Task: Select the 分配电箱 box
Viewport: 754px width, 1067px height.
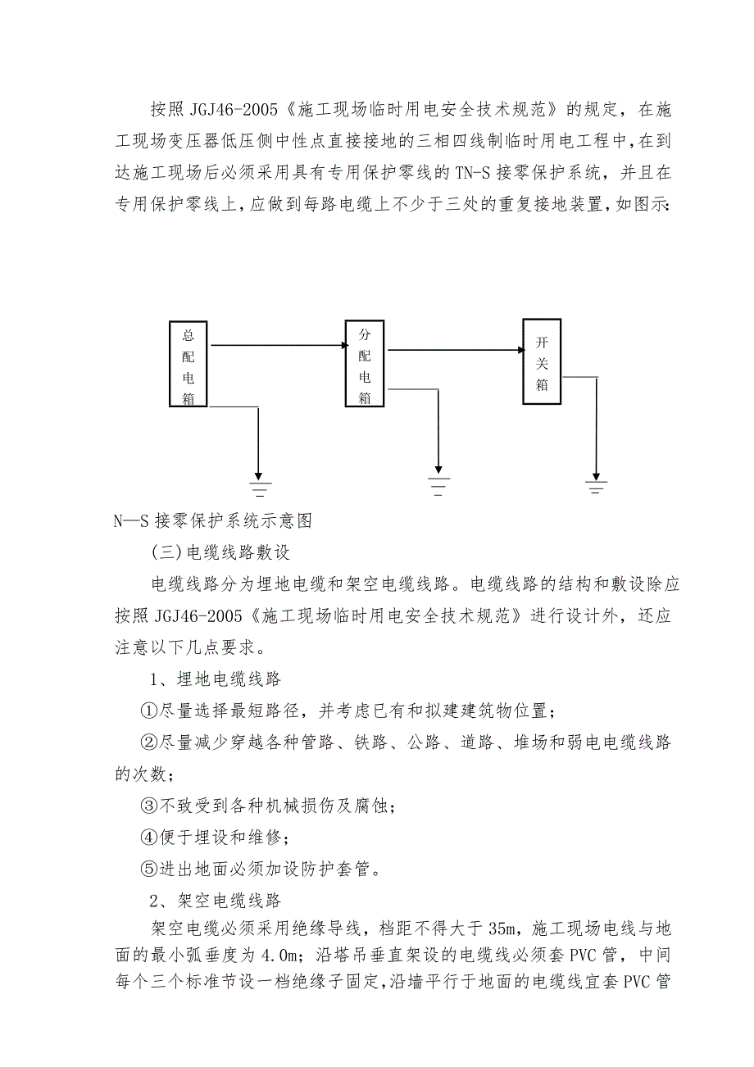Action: click(365, 364)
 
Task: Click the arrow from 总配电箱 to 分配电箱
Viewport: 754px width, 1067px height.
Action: click(276, 346)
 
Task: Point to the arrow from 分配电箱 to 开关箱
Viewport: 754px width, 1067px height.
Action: click(455, 350)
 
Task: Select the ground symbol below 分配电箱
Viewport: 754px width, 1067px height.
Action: click(438, 486)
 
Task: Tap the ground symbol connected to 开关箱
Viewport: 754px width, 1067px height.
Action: click(596, 486)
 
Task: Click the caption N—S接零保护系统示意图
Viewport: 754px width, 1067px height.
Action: click(214, 520)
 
